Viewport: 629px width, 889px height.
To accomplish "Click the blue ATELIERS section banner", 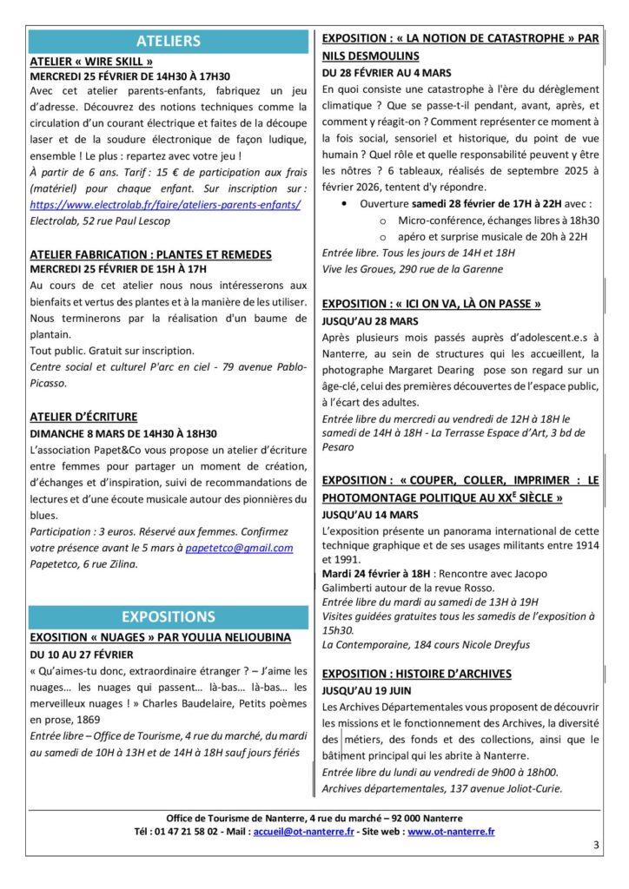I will click(169, 41).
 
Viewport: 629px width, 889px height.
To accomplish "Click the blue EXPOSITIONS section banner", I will click(169, 616).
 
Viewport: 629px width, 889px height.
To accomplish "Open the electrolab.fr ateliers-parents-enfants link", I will click(165, 205).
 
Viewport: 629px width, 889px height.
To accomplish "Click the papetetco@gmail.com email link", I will click(239, 548).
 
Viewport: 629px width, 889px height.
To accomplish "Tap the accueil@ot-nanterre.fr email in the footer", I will click(303, 832).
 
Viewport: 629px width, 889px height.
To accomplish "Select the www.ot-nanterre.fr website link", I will click(451, 832).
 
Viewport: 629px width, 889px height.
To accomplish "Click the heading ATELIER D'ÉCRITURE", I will click(83, 417).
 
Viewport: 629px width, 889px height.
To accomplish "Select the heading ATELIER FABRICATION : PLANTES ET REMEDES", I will click(150, 254).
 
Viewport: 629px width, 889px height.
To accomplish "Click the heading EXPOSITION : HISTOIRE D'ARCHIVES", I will click(416, 674).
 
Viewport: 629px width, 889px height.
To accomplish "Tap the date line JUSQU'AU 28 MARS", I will click(369, 320).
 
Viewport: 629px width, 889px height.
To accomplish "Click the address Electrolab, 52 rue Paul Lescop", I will click(100, 221).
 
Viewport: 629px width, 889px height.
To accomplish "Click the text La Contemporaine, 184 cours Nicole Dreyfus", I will click(425, 645).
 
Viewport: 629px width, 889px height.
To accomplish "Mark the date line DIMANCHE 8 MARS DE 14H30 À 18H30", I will click(123, 433).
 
